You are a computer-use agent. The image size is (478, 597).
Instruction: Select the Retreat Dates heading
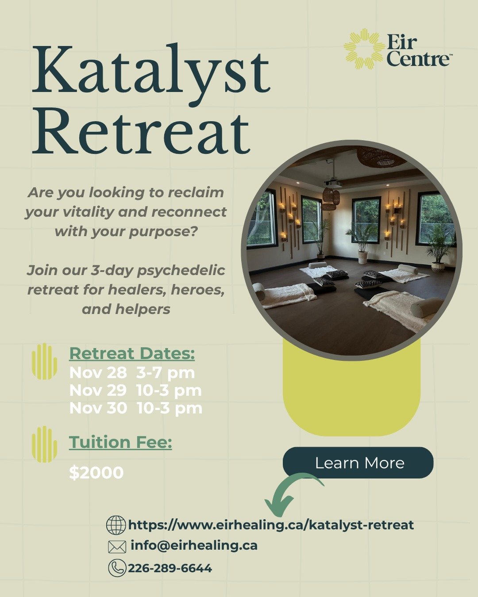[x=132, y=353]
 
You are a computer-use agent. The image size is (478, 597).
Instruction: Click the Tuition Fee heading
[x=120, y=442]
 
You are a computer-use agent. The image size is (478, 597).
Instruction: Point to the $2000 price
[x=96, y=473]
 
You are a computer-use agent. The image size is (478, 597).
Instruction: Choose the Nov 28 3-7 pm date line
[x=132, y=373]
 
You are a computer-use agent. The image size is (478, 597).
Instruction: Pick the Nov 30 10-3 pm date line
[x=135, y=408]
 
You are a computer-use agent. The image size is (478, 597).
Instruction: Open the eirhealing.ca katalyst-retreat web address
[x=271, y=525]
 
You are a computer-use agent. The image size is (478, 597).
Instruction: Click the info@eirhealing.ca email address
[x=194, y=545]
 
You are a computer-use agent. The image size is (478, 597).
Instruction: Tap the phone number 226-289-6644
[x=170, y=568]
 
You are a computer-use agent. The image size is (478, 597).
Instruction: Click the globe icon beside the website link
[x=116, y=525]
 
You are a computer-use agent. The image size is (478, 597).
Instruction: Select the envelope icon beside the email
[x=117, y=547]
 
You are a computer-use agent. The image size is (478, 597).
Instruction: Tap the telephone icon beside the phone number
[x=117, y=568]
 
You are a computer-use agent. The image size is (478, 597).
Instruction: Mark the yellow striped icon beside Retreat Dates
[x=44, y=361]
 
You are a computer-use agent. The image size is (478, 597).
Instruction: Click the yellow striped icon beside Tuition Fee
[x=44, y=444]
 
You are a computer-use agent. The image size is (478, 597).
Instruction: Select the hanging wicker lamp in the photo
[x=330, y=197]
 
